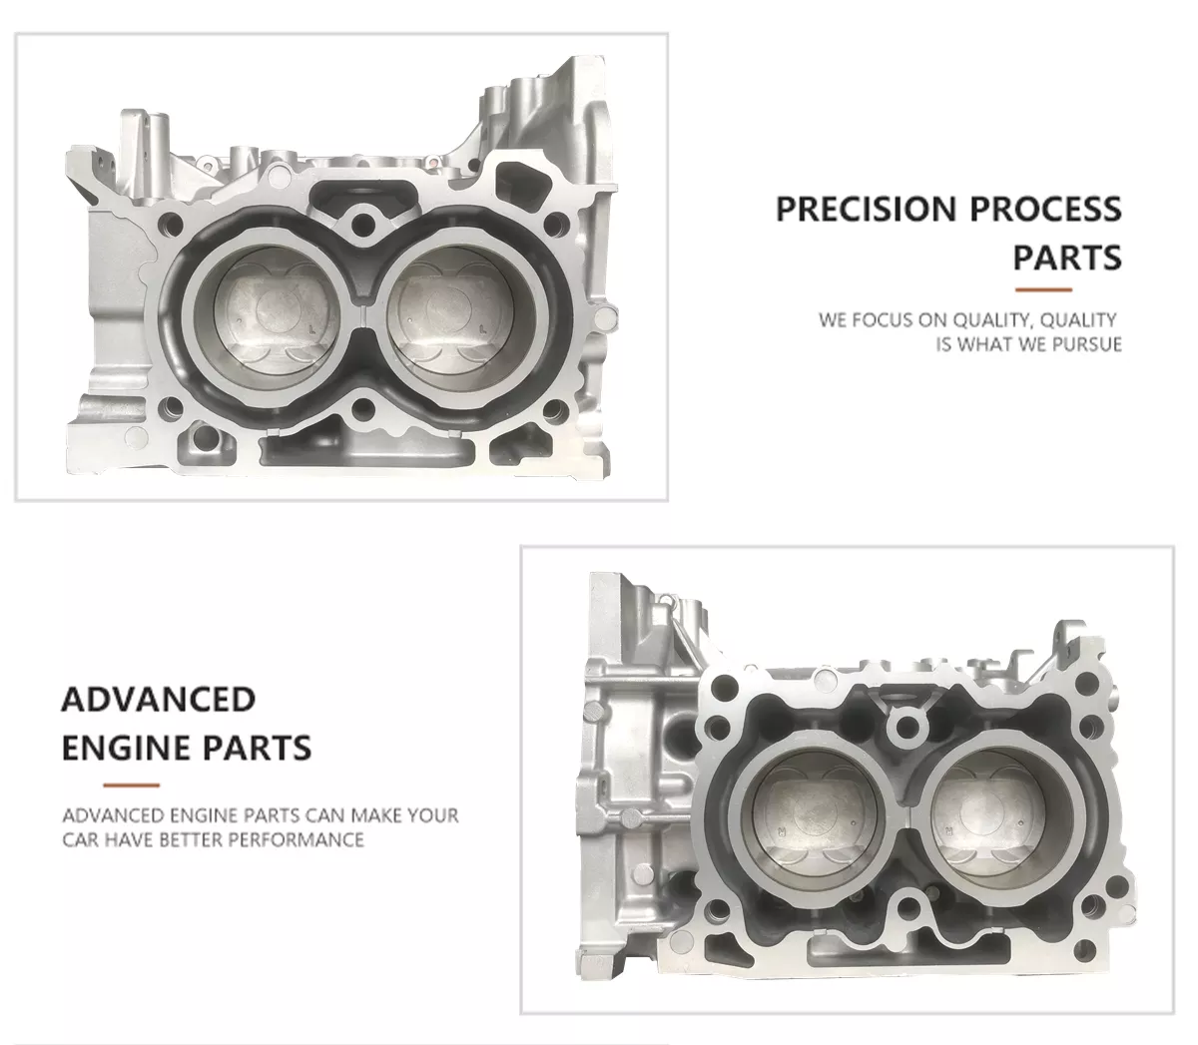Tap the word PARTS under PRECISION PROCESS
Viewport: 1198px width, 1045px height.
click(1067, 258)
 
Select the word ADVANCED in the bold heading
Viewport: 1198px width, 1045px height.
click(158, 699)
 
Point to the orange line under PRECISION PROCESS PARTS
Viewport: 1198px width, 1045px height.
click(1042, 290)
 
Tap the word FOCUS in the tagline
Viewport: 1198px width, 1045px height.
click(883, 320)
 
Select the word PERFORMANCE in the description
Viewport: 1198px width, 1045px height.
click(296, 839)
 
